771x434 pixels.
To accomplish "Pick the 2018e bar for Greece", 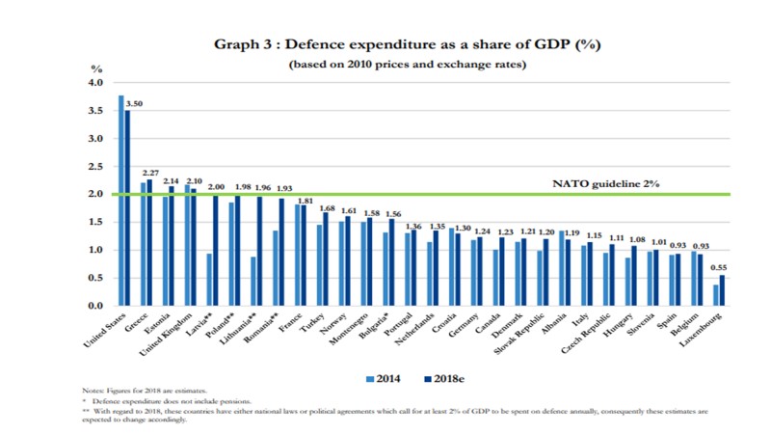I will coord(149,242).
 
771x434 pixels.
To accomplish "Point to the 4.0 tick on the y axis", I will coord(95,83).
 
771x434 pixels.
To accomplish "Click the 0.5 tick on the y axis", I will coord(95,278).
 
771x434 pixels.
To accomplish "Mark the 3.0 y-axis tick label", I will coord(95,139).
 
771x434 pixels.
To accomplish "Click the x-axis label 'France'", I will coord(288,323).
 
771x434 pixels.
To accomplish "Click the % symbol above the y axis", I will coord(95,68).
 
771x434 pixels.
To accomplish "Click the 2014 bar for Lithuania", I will coord(253,281).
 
